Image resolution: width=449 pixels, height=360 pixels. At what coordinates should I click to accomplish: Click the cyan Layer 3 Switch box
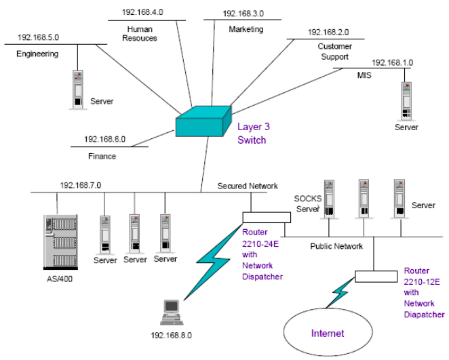click(x=199, y=123)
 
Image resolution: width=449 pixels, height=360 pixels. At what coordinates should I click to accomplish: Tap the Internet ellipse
click(x=327, y=332)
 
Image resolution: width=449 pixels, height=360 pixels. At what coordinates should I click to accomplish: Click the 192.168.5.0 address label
click(x=39, y=38)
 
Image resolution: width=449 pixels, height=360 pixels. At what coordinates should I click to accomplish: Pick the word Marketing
click(x=246, y=29)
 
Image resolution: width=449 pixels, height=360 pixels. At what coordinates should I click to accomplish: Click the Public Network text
click(x=337, y=245)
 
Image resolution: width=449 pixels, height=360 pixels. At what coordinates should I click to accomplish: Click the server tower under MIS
click(x=407, y=100)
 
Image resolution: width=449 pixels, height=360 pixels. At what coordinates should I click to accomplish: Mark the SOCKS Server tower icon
click(x=331, y=199)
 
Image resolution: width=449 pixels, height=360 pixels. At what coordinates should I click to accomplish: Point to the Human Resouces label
click(x=142, y=34)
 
